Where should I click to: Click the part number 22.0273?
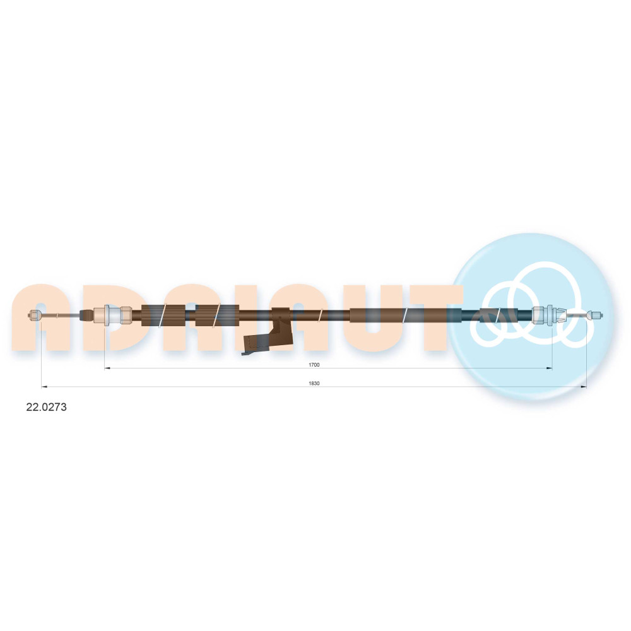pos(46,407)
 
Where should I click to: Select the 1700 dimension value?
pos(314,365)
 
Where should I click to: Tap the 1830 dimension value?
pos(314,383)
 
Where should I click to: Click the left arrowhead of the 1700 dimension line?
pos(107,368)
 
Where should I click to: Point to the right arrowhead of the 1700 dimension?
pos(549,368)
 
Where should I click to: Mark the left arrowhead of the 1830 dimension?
pos(44,387)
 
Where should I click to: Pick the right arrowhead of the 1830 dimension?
pos(583,387)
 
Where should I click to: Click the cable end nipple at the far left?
pos(35,315)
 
